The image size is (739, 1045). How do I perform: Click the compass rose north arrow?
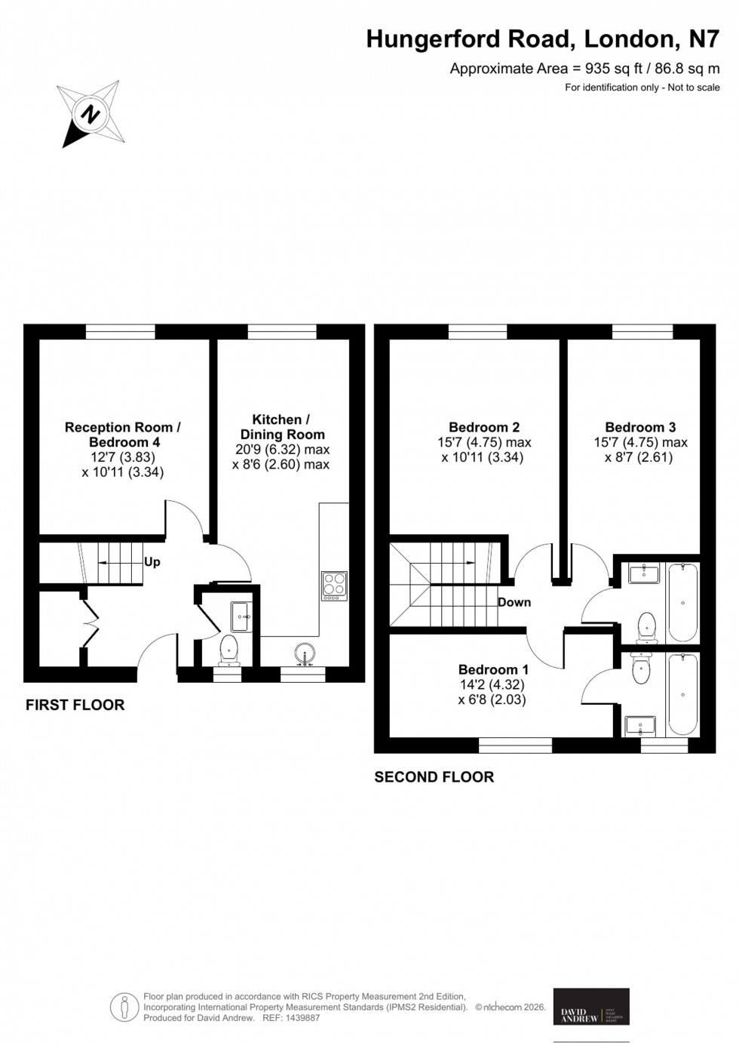tap(91, 115)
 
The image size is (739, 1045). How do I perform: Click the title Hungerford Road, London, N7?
tap(542, 38)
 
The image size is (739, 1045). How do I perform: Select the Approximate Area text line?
tap(584, 69)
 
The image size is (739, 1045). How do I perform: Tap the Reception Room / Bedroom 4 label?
tap(123, 435)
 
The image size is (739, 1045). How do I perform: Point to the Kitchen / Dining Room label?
tap(281, 427)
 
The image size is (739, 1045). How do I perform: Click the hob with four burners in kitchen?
tap(335, 585)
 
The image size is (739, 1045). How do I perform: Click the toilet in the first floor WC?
tap(229, 648)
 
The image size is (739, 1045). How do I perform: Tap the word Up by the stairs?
tap(152, 562)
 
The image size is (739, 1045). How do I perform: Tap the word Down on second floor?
tap(514, 602)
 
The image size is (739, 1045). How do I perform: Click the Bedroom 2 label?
tap(484, 427)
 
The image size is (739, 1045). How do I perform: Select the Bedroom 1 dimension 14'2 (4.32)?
tap(491, 685)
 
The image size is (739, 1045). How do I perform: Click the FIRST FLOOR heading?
tap(75, 705)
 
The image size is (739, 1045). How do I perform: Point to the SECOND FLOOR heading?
tap(434, 776)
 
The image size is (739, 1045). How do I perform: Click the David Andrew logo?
tap(591, 1007)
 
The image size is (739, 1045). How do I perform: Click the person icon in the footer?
tap(124, 1007)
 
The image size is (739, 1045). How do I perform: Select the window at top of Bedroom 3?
tap(642, 331)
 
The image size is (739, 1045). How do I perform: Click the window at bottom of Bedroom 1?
tap(515, 745)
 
